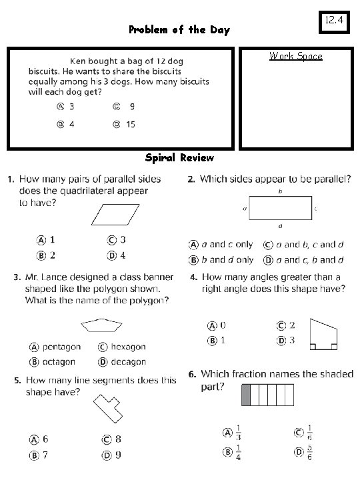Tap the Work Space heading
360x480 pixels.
[295, 56]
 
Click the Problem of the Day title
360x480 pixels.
[179, 30]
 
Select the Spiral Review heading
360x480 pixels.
[179, 158]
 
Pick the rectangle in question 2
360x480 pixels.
[280, 208]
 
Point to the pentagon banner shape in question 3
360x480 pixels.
[102, 325]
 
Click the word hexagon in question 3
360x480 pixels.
[128, 347]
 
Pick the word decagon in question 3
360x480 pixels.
[128, 362]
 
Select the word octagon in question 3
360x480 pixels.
[59, 362]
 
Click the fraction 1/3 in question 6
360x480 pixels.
[239, 431]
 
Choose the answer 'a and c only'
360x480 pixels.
[228, 245]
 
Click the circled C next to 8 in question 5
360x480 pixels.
[106, 439]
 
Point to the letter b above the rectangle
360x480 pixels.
[280, 191]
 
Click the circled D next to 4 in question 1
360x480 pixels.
[113, 255]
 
